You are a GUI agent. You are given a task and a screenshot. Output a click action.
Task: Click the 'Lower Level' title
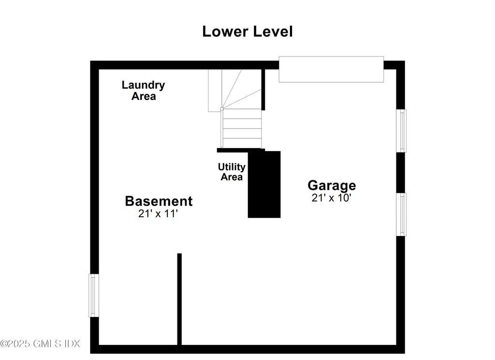tap(247, 31)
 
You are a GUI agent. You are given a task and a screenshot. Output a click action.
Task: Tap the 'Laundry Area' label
tap(143, 90)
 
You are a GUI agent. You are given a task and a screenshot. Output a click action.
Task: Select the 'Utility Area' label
tap(232, 172)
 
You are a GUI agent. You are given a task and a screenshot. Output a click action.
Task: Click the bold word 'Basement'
tap(159, 201)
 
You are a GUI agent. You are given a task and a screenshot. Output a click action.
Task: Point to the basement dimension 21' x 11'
tap(158, 214)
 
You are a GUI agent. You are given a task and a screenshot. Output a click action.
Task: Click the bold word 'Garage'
tap(332, 185)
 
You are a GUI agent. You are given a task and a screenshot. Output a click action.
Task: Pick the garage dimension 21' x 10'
tap(331, 198)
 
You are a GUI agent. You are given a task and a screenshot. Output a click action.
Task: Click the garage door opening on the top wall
tap(331, 69)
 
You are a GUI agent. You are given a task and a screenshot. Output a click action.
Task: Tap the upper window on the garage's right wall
tap(401, 131)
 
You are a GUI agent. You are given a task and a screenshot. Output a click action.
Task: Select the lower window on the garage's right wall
tap(401, 214)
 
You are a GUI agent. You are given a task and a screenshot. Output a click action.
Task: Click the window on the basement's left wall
tap(94, 295)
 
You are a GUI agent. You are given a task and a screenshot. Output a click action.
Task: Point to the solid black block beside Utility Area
tap(264, 184)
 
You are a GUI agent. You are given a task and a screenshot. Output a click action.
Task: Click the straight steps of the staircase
tap(242, 128)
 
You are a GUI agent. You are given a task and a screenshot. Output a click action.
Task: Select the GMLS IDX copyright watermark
tap(40, 344)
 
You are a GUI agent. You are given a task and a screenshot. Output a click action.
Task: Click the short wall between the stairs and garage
tap(263, 90)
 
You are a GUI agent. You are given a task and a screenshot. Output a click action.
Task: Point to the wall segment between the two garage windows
tap(401, 173)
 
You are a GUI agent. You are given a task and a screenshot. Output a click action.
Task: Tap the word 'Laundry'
tap(143, 85)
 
